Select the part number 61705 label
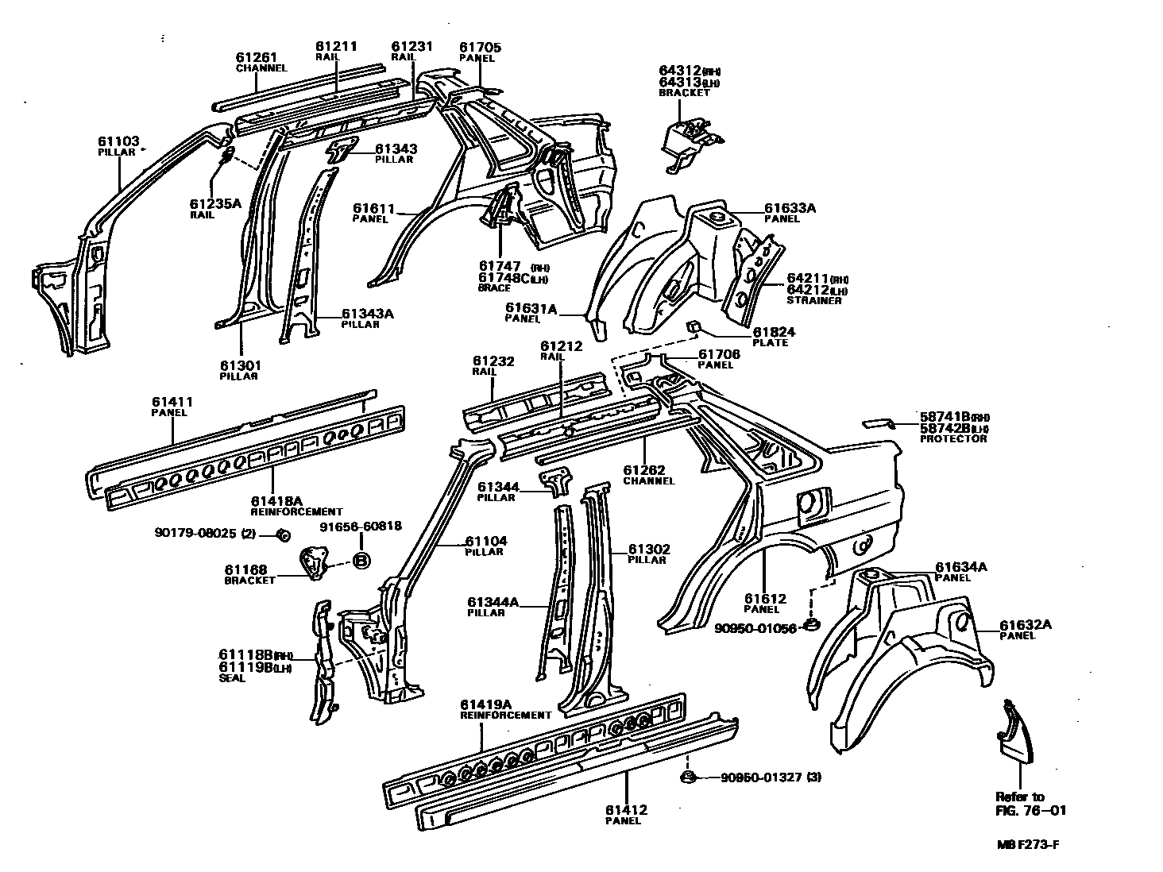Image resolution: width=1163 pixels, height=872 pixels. tap(480, 48)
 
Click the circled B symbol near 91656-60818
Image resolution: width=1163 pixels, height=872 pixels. tap(361, 560)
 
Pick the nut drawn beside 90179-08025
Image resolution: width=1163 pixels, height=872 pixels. tap(282, 534)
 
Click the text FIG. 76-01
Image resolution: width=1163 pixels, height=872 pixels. tap(1031, 810)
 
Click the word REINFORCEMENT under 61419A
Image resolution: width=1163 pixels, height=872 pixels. tap(505, 715)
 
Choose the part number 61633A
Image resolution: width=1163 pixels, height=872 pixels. tap(790, 209)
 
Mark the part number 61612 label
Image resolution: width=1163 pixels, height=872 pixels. tap(765, 599)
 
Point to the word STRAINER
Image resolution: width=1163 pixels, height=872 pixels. tap(813, 301)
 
